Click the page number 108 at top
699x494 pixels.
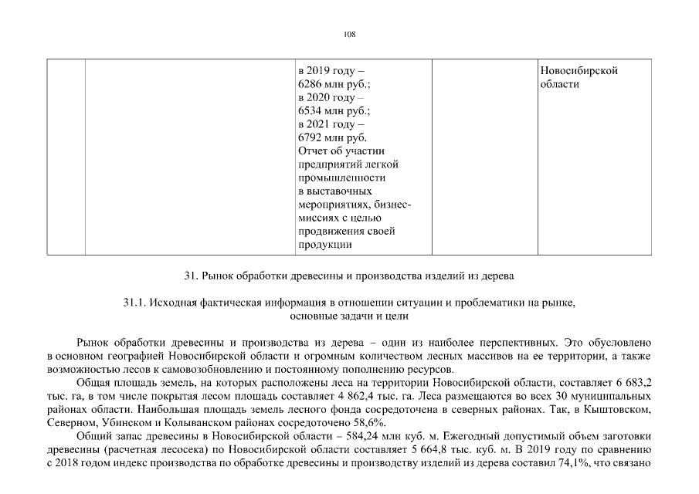(x=349, y=34)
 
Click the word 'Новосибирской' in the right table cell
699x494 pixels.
(x=579, y=71)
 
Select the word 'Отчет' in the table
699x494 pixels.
(x=312, y=151)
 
